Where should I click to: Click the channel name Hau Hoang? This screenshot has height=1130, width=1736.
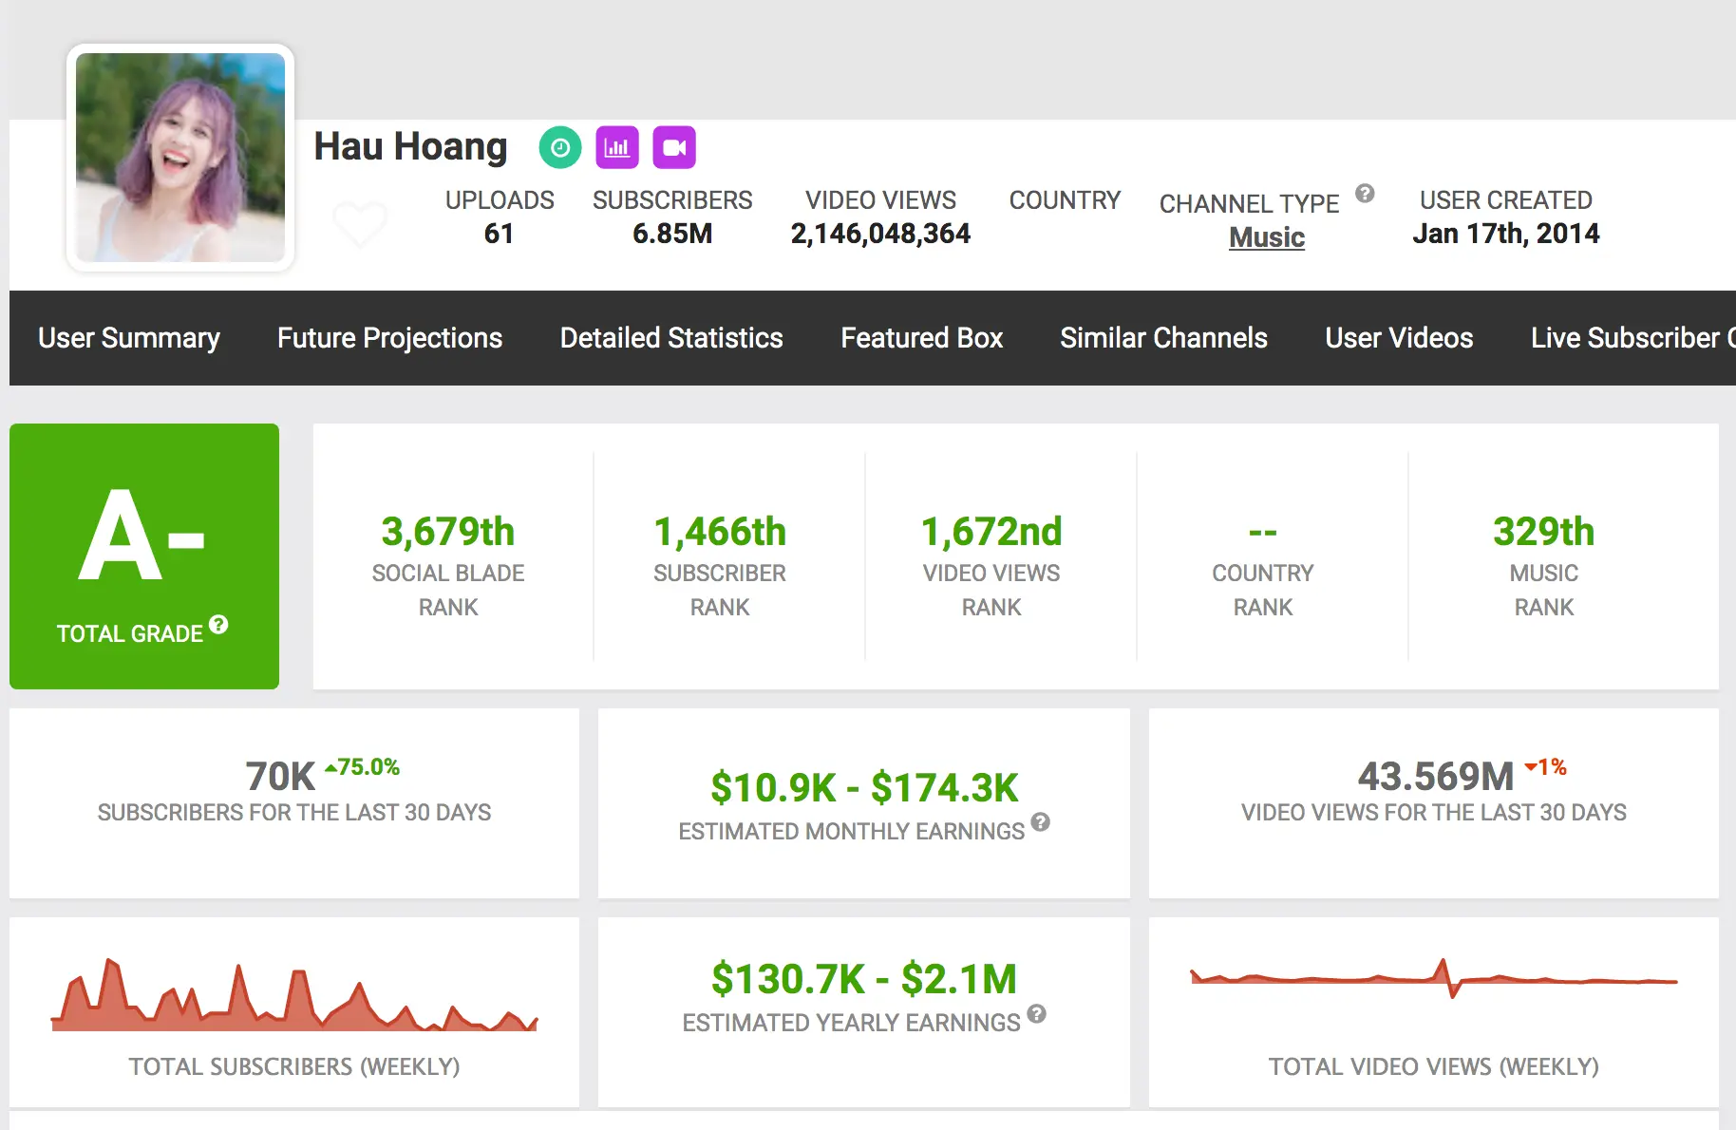[x=410, y=147]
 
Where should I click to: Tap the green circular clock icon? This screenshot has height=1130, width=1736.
[x=560, y=147]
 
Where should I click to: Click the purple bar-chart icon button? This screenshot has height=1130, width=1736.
[x=617, y=147]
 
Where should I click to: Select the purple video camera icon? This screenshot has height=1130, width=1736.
[x=674, y=147]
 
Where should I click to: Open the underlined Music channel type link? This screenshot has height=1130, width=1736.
[x=1267, y=237]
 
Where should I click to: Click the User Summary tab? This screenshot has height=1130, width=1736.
[x=129, y=338]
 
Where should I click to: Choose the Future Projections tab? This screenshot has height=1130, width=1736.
[x=389, y=338]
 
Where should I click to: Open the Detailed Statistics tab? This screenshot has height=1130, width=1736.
[x=671, y=338]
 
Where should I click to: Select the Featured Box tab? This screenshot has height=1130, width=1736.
[x=921, y=338]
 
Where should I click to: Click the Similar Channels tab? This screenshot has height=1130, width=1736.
[x=1163, y=338]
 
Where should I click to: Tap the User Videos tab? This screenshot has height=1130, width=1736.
[x=1399, y=338]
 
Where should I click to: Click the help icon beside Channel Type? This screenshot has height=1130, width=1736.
[x=1365, y=194]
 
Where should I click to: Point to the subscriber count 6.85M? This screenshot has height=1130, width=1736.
[x=672, y=234]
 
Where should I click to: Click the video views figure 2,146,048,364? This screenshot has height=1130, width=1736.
[x=880, y=234]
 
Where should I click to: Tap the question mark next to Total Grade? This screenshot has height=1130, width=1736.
[x=218, y=625]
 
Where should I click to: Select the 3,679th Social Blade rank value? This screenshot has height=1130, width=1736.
[x=448, y=532]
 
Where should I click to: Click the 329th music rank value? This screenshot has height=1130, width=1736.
[x=1544, y=532]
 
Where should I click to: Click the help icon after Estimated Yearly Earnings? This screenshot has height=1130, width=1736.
[x=1037, y=1014]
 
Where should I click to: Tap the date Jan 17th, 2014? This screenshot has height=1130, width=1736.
[x=1506, y=234]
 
